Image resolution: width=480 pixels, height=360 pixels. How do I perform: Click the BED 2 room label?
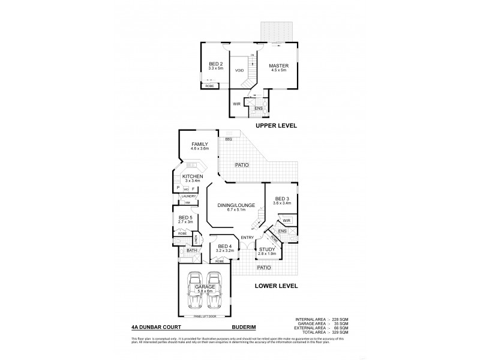tap(215, 64)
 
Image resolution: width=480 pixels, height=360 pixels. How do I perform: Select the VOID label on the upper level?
tap(238, 70)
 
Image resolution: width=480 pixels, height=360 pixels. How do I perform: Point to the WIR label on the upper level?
tap(236, 103)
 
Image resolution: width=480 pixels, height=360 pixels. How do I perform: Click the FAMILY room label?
tap(200, 145)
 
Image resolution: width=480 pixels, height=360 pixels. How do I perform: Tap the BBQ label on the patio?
tap(228, 139)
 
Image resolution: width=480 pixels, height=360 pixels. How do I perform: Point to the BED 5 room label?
tap(185, 218)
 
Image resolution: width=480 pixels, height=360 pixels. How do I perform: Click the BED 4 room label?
tap(224, 247)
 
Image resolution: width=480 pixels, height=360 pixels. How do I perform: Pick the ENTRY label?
tap(247, 238)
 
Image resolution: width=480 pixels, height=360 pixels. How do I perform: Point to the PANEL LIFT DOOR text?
tap(205, 316)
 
